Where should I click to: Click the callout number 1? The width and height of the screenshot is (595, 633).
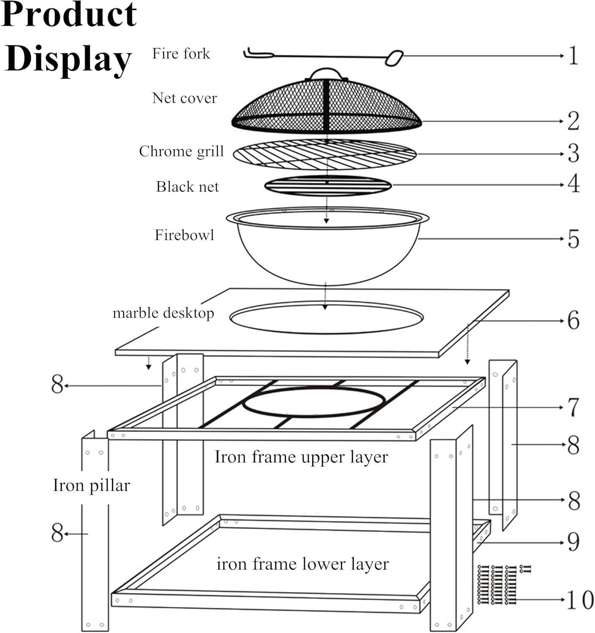pyautogui.click(x=573, y=56)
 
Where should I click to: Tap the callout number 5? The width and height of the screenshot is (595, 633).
pyautogui.click(x=573, y=239)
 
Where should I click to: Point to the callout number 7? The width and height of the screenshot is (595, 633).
pyautogui.click(x=573, y=408)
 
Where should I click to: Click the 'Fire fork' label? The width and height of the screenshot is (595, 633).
pyautogui.click(x=181, y=54)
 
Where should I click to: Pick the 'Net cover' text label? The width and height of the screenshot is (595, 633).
pyautogui.click(x=184, y=98)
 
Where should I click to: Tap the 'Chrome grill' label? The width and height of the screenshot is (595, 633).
pyautogui.click(x=181, y=151)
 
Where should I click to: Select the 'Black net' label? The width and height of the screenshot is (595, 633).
pyautogui.click(x=187, y=187)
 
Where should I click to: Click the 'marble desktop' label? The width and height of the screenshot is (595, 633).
pyautogui.click(x=163, y=313)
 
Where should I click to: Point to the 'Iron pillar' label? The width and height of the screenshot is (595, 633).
pyautogui.click(x=92, y=485)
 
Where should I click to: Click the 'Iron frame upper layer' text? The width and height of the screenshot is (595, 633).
pyautogui.click(x=301, y=457)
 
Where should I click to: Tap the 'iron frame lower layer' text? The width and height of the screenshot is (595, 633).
pyautogui.click(x=303, y=564)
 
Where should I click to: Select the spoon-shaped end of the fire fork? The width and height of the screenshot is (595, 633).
pyautogui.click(x=394, y=58)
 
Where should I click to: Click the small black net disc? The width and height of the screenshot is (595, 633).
pyautogui.click(x=328, y=186)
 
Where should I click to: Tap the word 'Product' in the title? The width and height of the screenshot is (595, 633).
pyautogui.click(x=69, y=15)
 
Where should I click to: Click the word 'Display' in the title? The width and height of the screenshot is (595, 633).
pyautogui.click(x=68, y=59)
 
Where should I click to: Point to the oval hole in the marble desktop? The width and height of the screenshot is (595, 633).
pyautogui.click(x=326, y=317)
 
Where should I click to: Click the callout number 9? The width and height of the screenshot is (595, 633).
pyautogui.click(x=573, y=541)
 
